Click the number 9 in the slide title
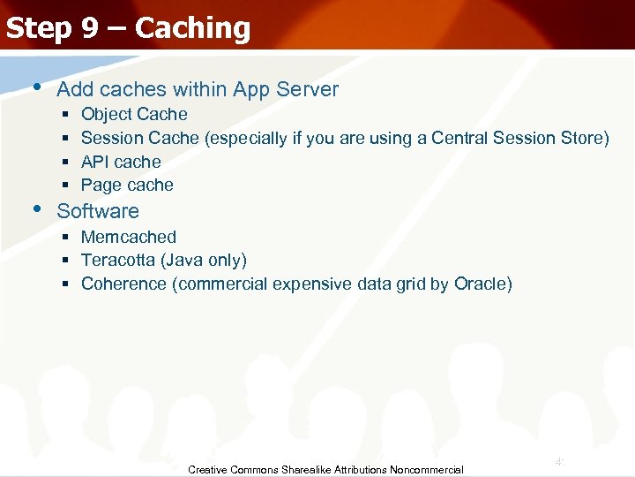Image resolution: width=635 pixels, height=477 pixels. (91, 28)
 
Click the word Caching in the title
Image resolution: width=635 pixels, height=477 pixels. (193, 28)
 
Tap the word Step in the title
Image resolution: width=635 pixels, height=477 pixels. (39, 28)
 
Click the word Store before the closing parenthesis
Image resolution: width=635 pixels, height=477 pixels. (581, 138)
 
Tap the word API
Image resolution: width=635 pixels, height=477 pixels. (95, 162)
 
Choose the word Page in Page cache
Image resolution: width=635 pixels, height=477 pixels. (99, 185)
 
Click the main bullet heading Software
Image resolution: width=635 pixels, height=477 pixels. (98, 211)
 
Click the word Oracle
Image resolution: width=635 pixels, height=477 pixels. (482, 284)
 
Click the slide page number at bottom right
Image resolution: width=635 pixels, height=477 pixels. (559, 461)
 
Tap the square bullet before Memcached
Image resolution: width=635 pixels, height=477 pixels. (66, 237)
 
